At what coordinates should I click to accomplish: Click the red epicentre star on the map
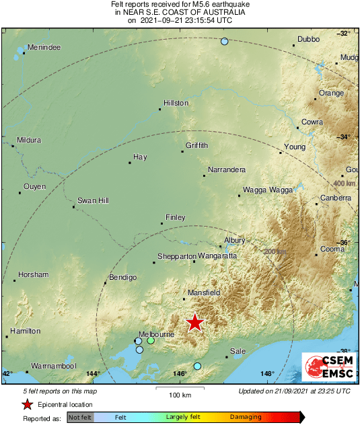[x=194, y=323]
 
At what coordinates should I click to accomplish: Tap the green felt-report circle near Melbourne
[x=151, y=341]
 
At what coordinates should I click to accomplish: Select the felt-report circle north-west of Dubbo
[x=225, y=42]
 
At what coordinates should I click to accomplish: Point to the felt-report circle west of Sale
[x=197, y=366]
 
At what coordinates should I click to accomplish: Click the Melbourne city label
[x=156, y=334]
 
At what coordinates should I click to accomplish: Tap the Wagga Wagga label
[x=267, y=190]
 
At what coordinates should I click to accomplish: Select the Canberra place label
[x=335, y=198]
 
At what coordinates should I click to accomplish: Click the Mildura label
[x=29, y=140]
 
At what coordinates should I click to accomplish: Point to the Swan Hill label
[x=93, y=200]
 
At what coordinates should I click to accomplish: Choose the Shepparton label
[x=176, y=256]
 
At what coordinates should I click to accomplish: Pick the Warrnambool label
[x=51, y=366]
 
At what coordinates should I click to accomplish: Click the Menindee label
[x=44, y=48]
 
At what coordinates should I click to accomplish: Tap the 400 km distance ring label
[x=344, y=183]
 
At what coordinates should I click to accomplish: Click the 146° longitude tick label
[x=180, y=374]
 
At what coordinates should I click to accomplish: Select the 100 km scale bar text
[x=180, y=395]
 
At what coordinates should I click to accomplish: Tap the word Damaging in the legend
[x=246, y=417]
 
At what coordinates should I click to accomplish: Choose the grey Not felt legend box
[x=80, y=418]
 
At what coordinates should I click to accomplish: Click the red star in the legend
[x=28, y=404]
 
